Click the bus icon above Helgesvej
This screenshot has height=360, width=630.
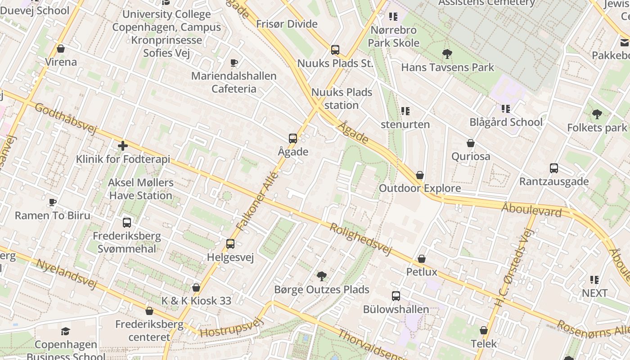tap(230, 244)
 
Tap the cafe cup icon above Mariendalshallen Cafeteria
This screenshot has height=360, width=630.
tap(234, 63)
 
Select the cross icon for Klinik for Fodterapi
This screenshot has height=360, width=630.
tap(122, 146)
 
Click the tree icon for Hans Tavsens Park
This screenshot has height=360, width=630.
tap(447, 54)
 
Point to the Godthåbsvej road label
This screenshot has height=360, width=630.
tap(66, 119)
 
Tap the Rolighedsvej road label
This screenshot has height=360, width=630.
tap(361, 239)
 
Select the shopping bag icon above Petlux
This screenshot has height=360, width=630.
tap(422, 259)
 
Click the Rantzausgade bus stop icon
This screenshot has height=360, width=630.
tap(553, 168)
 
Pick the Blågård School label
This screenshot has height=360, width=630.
tap(506, 122)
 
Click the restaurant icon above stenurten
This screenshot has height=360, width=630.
tap(405, 111)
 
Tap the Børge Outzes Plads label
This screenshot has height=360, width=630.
tap(321, 289)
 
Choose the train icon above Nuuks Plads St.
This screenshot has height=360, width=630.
tap(335, 50)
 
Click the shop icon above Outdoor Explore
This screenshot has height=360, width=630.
tap(420, 175)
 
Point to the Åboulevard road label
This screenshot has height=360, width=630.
tap(531, 209)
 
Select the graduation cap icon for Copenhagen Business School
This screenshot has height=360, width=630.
tap(65, 332)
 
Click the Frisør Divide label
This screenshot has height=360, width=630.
tap(287, 24)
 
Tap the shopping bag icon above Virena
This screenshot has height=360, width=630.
tap(61, 49)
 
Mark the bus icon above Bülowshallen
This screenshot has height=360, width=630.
tap(396, 296)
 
